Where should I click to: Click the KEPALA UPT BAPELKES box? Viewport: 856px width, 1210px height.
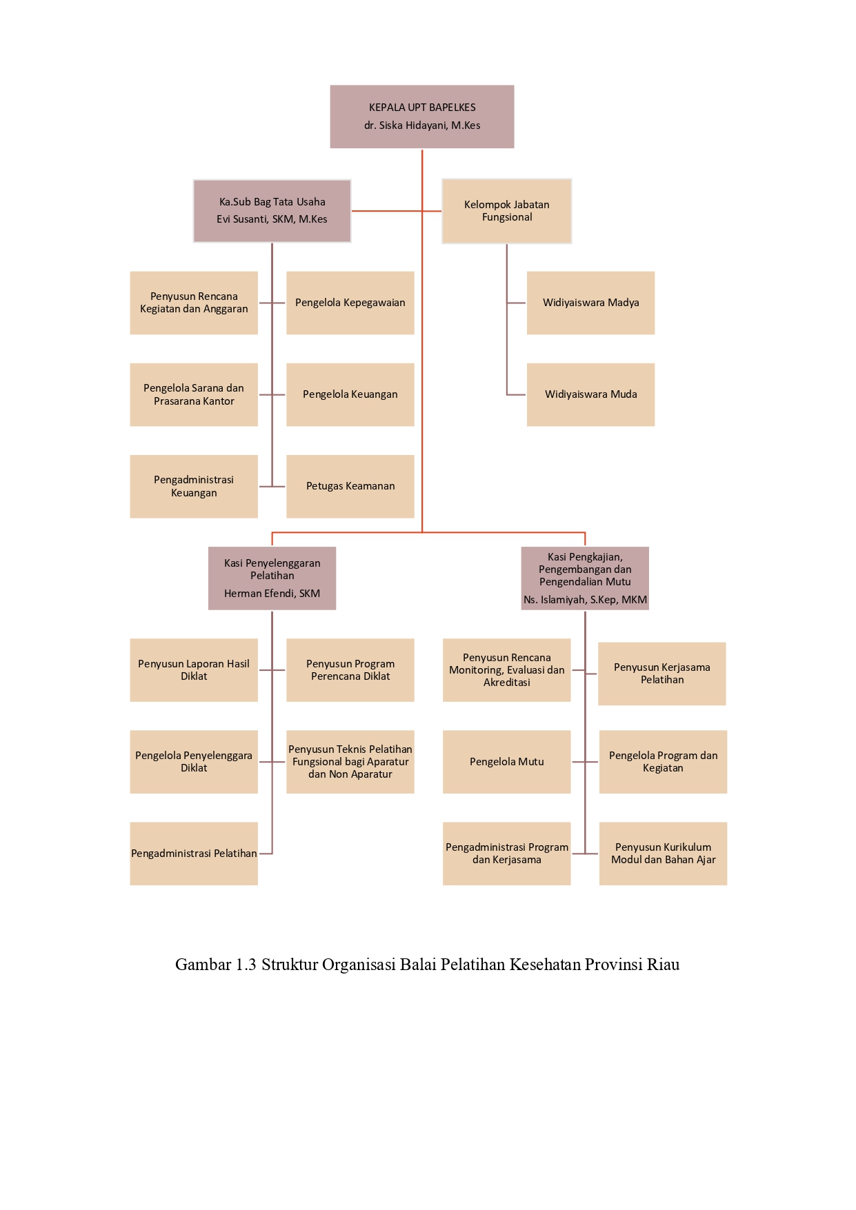click(421, 117)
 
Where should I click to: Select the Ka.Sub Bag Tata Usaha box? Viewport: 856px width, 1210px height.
click(272, 211)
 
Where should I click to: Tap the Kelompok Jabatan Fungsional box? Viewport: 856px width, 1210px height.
click(506, 211)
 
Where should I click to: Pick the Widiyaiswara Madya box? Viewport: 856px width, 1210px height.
click(590, 303)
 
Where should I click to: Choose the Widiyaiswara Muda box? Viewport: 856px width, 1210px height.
click(590, 394)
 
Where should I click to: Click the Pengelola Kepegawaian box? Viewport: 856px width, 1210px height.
click(350, 303)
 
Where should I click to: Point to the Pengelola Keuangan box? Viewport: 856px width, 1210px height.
click(350, 394)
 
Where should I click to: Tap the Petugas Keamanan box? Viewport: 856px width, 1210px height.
click(350, 486)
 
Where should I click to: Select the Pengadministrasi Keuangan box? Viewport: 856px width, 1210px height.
click(194, 486)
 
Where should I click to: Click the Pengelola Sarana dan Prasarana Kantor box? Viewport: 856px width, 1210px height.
click(194, 394)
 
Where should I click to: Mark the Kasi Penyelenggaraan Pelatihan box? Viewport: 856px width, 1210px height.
click(272, 578)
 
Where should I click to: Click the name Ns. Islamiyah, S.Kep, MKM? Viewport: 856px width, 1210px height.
click(585, 600)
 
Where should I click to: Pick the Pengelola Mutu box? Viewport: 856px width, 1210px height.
click(506, 762)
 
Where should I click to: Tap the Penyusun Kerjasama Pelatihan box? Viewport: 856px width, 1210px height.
click(661, 674)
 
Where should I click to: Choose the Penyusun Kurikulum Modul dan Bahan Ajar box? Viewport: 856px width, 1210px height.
click(663, 854)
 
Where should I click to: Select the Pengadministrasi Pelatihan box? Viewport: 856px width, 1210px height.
click(194, 854)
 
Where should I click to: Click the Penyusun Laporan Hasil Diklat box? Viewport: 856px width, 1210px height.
click(194, 670)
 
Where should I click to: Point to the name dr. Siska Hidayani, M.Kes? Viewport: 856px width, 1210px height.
click(422, 125)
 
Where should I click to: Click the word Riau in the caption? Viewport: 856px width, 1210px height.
click(663, 965)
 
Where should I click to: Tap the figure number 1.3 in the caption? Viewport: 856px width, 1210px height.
click(246, 965)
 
